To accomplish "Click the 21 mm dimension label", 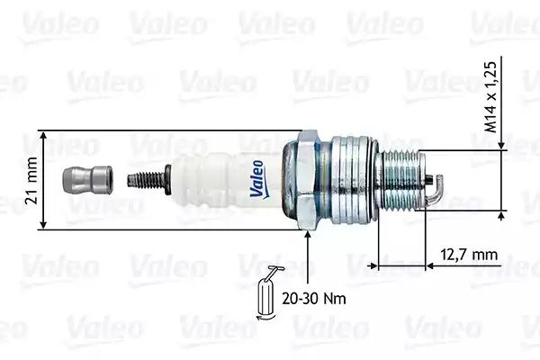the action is (x=31, y=180).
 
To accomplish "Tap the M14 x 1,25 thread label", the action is (x=491, y=97).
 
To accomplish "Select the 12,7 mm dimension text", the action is (x=469, y=255).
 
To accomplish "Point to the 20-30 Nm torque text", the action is (x=314, y=298).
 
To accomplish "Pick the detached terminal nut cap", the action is (x=87, y=179).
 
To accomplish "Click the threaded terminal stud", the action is (x=146, y=180).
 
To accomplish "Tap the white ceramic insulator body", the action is (x=228, y=180).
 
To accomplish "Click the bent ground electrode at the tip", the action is (x=435, y=190).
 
